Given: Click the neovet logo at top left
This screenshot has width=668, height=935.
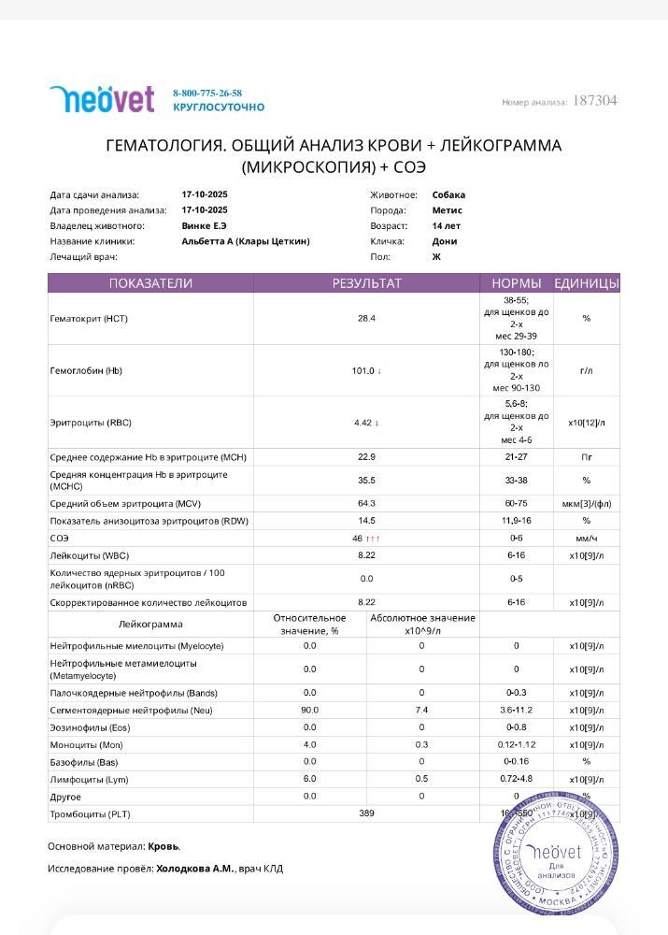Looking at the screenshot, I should tap(102, 99).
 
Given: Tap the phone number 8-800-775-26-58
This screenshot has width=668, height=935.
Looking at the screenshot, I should tap(207, 93).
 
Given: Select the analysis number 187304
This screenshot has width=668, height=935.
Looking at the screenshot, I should tap(594, 101).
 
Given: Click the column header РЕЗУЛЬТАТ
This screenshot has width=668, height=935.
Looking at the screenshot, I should tap(366, 283).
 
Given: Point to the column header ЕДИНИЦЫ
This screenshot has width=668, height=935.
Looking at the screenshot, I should tap(586, 283).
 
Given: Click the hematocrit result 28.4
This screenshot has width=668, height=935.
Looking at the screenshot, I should tap(366, 319).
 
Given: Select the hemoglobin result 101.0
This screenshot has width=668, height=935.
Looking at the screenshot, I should tap(363, 371).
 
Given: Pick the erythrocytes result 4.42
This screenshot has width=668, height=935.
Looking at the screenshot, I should tap(363, 423).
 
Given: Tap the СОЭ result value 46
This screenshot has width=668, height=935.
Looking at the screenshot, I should tap(357, 539).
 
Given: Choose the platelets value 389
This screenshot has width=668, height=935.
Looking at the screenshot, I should tap(366, 813).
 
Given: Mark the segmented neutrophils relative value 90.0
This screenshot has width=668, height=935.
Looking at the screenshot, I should tap(309, 711).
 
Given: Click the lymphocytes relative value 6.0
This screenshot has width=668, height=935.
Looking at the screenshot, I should tap(309, 779).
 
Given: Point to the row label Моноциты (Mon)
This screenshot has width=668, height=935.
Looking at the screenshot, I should tap(86, 745).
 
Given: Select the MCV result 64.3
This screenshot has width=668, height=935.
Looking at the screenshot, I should tap(366, 504).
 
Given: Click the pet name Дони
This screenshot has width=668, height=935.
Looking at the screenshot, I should tap(444, 241).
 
